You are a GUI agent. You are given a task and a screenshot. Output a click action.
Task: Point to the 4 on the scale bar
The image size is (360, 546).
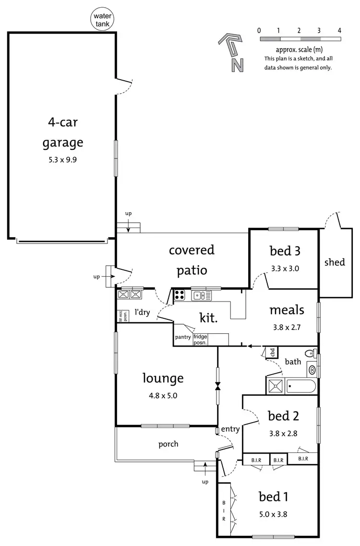click(x=339, y=30)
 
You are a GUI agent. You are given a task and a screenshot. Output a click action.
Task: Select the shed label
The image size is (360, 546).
click(x=335, y=262)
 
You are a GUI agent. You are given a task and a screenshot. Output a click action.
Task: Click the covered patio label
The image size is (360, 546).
click(x=192, y=260)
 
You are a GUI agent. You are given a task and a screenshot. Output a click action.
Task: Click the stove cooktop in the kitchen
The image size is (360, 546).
click(x=180, y=295)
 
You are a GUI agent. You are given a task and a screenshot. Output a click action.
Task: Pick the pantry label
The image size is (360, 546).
click(x=183, y=337)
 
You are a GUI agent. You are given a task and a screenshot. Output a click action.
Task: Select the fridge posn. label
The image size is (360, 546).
click(x=200, y=340)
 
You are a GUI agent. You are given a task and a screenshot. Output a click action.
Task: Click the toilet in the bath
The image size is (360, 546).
click(x=310, y=354)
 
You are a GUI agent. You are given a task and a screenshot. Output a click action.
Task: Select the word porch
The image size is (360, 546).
click(x=168, y=444)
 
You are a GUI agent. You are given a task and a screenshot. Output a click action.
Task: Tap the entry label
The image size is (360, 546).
click(x=230, y=429)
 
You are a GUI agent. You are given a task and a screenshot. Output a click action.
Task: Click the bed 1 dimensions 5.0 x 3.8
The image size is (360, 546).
click(x=273, y=513)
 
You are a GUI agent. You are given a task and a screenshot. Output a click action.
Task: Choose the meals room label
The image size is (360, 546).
click(x=287, y=310)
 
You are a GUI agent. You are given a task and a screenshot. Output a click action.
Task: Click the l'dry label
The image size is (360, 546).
click(x=142, y=313)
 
